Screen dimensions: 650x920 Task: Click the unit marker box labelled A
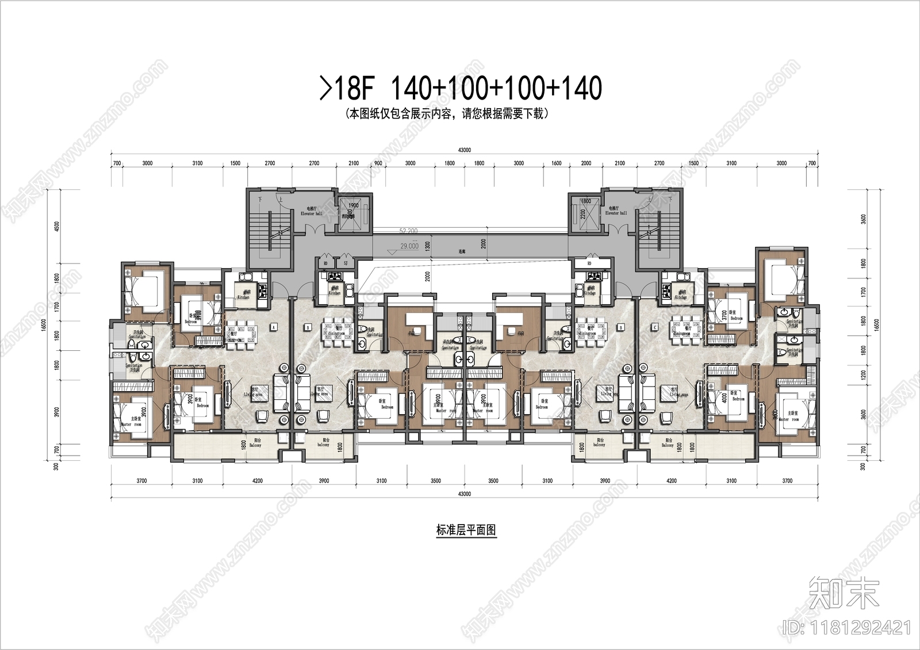coord(274,327)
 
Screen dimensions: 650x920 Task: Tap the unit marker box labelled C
coord(655,327)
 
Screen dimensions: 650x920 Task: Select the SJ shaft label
coord(346,263)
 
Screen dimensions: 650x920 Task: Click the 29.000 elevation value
coord(409,246)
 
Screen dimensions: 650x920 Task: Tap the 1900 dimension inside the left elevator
coord(354,205)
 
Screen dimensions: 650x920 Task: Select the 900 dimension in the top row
coord(378,163)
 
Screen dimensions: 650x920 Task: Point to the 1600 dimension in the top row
coord(556,163)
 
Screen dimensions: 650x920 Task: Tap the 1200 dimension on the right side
coord(863,375)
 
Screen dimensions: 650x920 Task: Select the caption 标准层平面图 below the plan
coord(466,530)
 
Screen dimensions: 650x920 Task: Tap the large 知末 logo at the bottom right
coord(844,594)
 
